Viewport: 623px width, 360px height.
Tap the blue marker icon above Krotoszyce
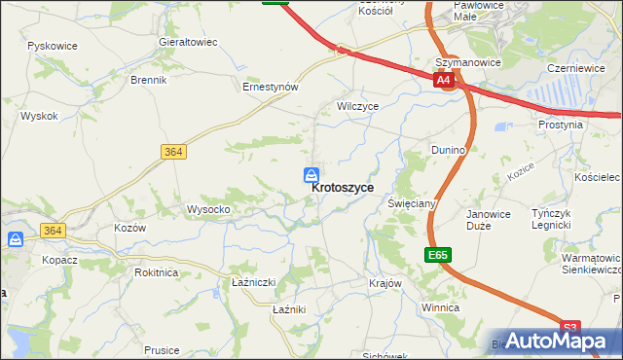click(x=311, y=174)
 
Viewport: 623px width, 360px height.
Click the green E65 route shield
click(x=438, y=255)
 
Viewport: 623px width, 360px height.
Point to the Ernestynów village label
click(x=270, y=87)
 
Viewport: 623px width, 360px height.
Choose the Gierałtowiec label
click(x=188, y=43)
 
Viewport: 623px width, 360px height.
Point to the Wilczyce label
click(x=357, y=105)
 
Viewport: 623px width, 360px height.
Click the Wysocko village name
click(x=208, y=209)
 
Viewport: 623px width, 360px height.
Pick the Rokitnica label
click(x=156, y=272)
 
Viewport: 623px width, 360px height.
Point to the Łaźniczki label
click(x=255, y=282)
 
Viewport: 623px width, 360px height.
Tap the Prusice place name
click(x=162, y=349)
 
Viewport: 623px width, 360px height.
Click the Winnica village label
click(x=439, y=307)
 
